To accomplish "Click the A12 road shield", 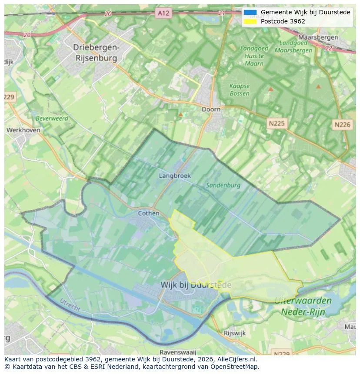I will [x=163, y=13].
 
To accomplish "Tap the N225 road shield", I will [x=277, y=124].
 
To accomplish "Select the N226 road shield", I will [x=342, y=125].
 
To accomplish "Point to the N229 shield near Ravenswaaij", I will [x=281, y=353].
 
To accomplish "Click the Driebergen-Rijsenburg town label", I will [x=96, y=52].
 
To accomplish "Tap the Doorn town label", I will [x=211, y=109].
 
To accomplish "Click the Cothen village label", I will [x=149, y=213].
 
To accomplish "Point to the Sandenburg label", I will [x=223, y=185].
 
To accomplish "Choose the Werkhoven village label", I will [x=23, y=130].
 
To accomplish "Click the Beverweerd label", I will [x=52, y=118].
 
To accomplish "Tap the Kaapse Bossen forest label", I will [x=240, y=89].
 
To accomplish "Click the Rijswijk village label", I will [x=235, y=333].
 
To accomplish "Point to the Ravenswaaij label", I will [x=178, y=352].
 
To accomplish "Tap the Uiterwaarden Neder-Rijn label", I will [x=303, y=306].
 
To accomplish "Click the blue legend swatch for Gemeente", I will [x=250, y=12].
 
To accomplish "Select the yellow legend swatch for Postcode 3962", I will [x=250, y=21].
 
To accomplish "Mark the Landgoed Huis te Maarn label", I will [x=254, y=56].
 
